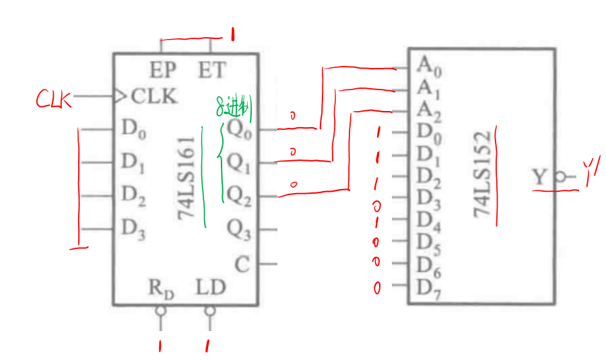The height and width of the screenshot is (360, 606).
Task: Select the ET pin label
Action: (x=211, y=69)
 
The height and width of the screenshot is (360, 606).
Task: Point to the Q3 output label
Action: (x=238, y=230)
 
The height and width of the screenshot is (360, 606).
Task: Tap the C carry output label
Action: (x=242, y=264)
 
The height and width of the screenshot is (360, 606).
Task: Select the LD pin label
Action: (x=211, y=288)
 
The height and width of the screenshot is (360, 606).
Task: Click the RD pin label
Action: (x=162, y=289)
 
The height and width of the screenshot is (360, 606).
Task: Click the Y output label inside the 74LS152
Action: (x=540, y=178)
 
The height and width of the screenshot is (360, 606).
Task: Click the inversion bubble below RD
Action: (x=160, y=311)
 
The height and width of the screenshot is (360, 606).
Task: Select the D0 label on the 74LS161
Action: (x=133, y=129)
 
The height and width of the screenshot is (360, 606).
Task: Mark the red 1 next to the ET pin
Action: (x=232, y=35)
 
